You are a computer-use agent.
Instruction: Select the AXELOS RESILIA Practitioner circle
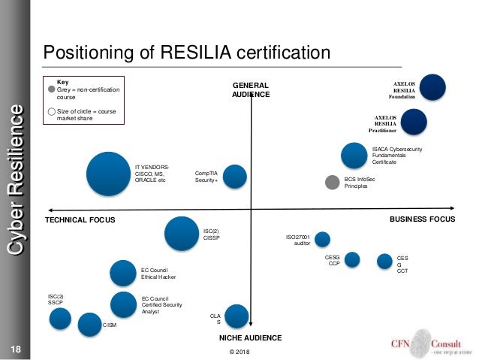[414, 122]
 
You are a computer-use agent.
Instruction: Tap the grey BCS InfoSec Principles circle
[332, 182]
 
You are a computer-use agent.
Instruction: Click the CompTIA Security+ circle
[235, 176]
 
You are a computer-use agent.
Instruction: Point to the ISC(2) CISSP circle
[181, 234]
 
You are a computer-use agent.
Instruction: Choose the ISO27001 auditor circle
[322, 239]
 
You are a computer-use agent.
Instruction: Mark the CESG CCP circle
[351, 259]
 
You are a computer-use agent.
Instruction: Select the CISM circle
[90, 325]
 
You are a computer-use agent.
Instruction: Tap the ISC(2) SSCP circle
[61, 319]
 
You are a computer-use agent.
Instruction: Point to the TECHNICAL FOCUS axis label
[78, 219]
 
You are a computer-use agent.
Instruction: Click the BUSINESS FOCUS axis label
[422, 219]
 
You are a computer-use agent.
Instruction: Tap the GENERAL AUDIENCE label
[250, 90]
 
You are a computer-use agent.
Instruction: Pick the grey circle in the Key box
[51, 89]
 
